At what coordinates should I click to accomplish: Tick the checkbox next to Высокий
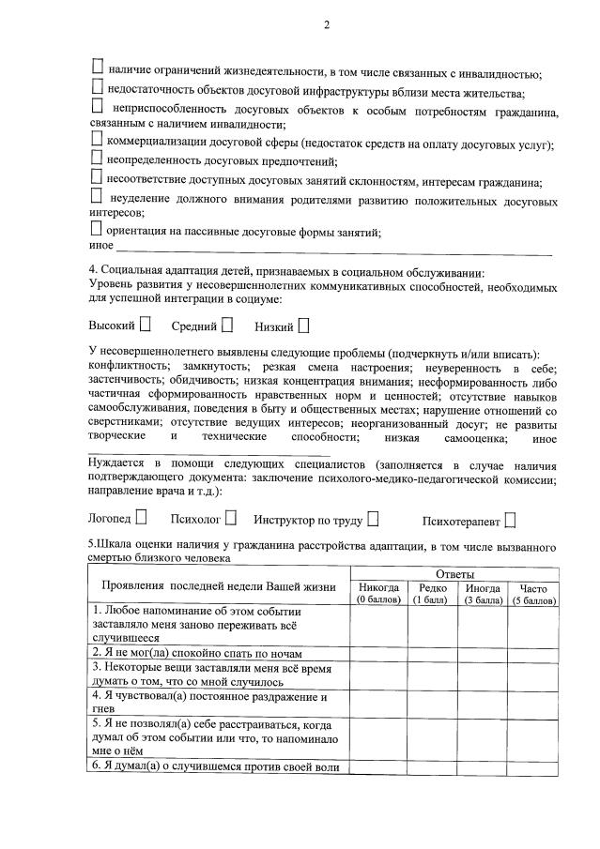pyautogui.click(x=146, y=326)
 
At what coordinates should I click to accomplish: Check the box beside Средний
pyautogui.click(x=226, y=326)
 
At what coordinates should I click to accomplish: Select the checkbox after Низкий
pyautogui.click(x=303, y=326)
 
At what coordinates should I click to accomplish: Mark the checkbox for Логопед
pyautogui.click(x=141, y=517)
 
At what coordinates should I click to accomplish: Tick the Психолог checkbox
pyautogui.click(x=230, y=517)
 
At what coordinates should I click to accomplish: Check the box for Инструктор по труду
pyautogui.click(x=374, y=517)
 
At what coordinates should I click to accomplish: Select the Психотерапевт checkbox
pyautogui.click(x=510, y=518)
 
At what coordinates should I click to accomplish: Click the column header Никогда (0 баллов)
pyautogui.click(x=378, y=594)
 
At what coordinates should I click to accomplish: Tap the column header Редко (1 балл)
pyautogui.click(x=432, y=594)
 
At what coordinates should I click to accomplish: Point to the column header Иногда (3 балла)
pyautogui.click(x=483, y=594)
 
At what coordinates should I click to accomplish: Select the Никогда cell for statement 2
pyautogui.click(x=378, y=650)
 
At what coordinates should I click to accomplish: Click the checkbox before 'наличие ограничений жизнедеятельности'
pyautogui.click(x=97, y=68)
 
